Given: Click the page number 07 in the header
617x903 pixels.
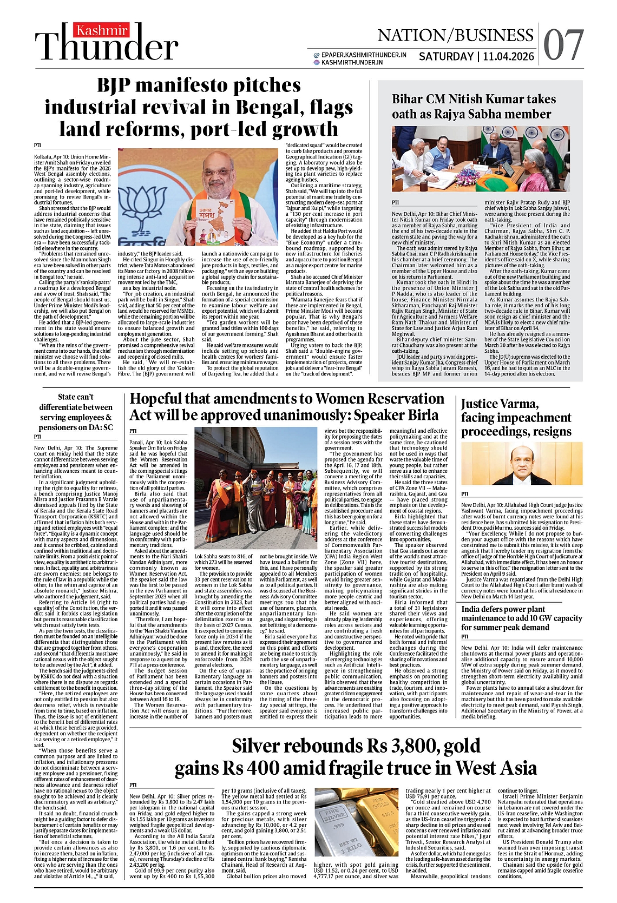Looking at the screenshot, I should (x=563, y=45).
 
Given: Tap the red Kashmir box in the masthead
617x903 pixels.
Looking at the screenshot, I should (x=102, y=30).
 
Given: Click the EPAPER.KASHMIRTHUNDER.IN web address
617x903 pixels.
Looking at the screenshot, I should (x=363, y=55).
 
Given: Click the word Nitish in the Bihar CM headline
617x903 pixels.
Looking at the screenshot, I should (x=490, y=99).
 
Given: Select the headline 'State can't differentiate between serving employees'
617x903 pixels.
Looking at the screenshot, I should (x=76, y=412).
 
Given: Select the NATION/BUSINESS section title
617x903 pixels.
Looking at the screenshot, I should (x=455, y=36).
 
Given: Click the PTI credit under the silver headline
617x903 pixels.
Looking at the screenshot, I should (x=133, y=785).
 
